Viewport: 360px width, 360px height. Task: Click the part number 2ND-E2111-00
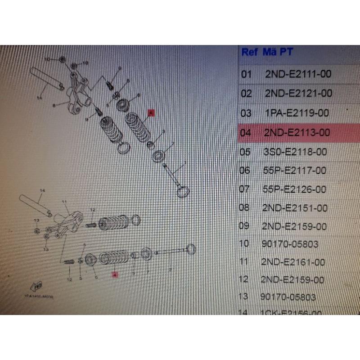coord(298,74)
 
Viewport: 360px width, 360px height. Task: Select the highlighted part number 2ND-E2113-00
coord(297,133)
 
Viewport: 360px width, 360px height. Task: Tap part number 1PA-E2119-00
coord(297,113)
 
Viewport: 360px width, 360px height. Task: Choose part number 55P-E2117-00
coord(295,171)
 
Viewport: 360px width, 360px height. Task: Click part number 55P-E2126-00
coord(295,189)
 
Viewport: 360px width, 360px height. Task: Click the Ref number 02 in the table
coord(247,93)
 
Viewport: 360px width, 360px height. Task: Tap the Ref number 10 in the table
coord(244,244)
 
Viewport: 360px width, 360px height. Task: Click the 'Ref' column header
coord(250,52)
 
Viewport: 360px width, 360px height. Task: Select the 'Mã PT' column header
coord(280,52)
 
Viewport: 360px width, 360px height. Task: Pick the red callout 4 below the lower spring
coord(115,274)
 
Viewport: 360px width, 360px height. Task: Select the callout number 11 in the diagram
coord(64,202)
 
